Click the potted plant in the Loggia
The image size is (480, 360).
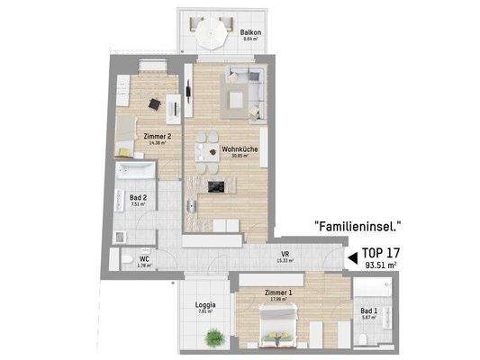pos(213,338)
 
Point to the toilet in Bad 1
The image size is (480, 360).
pos(361,338)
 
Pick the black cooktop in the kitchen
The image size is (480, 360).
pos(216,187)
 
